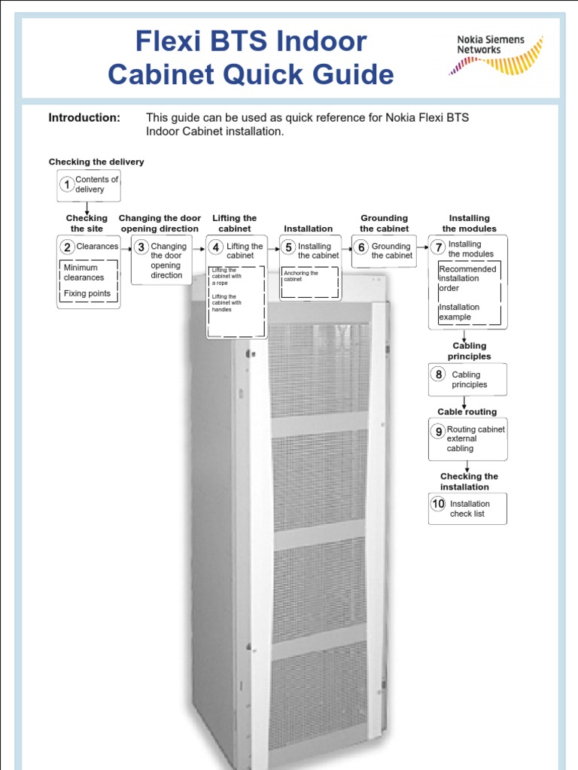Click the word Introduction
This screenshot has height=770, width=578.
tap(84, 118)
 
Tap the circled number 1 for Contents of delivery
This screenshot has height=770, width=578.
tap(67, 184)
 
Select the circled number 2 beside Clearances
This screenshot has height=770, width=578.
tap(67, 247)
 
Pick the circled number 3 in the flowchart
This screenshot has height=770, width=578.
tap(141, 247)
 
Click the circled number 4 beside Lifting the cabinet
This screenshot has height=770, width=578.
tap(216, 247)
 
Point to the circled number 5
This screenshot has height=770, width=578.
tap(288, 247)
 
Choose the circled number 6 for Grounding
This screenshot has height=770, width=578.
tap(361, 247)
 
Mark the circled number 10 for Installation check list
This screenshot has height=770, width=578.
tap(438, 504)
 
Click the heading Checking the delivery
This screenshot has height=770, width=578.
tap(96, 162)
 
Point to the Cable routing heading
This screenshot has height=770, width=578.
tap(467, 412)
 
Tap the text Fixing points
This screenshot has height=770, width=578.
tap(87, 293)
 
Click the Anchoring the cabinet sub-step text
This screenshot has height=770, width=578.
tap(301, 276)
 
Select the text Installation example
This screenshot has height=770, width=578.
tap(459, 312)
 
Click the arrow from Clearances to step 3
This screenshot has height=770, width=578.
tap(126, 247)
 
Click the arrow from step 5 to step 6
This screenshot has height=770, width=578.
tap(345, 247)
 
